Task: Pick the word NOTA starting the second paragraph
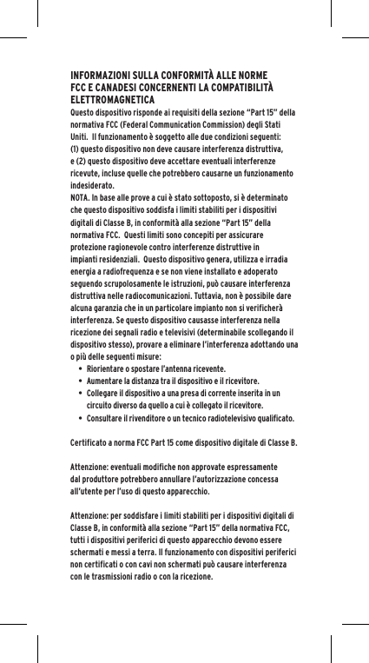point(82,198)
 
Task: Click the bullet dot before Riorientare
point(80,368)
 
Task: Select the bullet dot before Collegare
point(80,393)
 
